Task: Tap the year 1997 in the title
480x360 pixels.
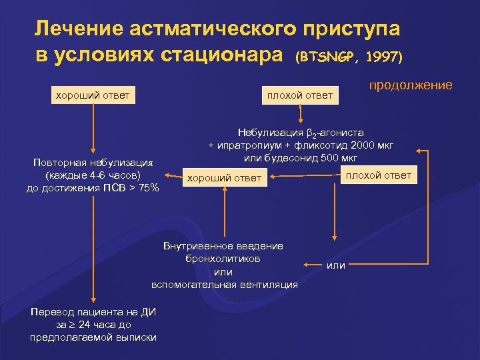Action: [x=383, y=57]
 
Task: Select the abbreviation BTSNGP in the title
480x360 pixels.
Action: [x=328, y=57]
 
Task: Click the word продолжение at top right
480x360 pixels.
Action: [x=411, y=85]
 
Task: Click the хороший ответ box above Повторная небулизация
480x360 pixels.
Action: [x=92, y=95]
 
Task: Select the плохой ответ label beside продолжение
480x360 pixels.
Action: [x=299, y=95]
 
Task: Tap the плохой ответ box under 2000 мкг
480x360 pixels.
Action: [x=377, y=175]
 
